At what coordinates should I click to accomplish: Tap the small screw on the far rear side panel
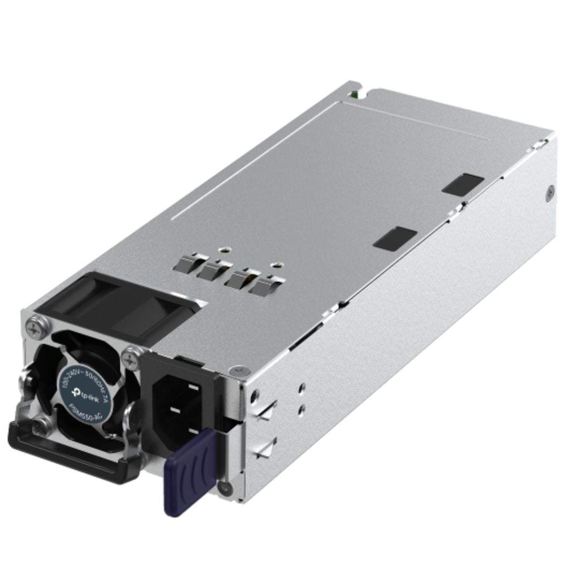[x=550, y=191]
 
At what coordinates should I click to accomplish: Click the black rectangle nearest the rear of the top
[x=463, y=183]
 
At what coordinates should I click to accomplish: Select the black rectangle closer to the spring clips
[x=395, y=238]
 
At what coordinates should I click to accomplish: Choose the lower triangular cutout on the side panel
[x=267, y=448]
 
